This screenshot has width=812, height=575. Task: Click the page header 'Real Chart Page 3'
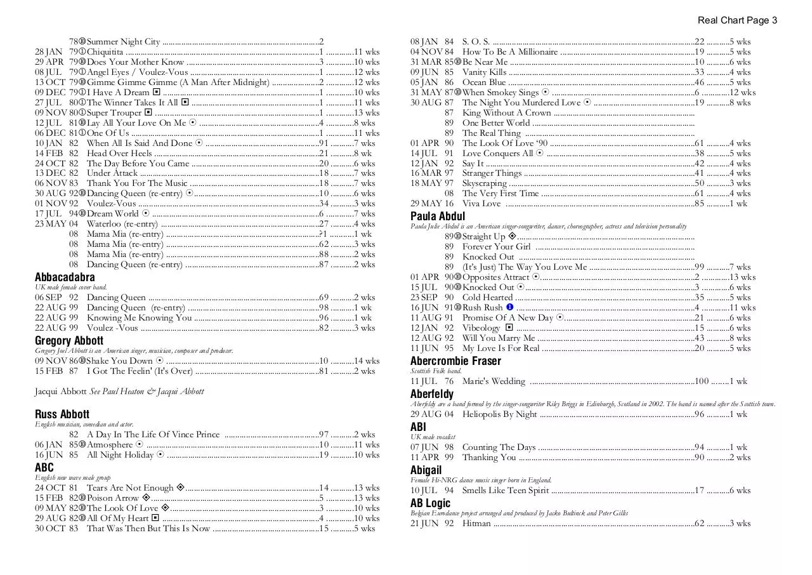point(737,20)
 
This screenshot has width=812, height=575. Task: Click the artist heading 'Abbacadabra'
point(65,277)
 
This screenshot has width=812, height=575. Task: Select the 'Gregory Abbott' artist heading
point(69,341)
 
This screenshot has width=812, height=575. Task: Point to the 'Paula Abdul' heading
point(438,216)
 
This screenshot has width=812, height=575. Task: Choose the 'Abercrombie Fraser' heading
point(455,361)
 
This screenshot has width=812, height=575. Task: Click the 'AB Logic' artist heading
point(430,503)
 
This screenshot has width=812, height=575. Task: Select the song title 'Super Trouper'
point(114,113)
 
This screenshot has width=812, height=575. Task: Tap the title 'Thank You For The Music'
point(137,183)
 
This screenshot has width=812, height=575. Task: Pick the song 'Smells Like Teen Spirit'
point(506,491)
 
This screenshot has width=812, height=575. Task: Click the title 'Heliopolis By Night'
point(499,414)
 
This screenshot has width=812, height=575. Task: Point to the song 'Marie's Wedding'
point(494,381)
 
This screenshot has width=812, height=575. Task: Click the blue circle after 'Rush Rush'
point(509,308)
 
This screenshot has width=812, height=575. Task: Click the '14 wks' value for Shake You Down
point(367,361)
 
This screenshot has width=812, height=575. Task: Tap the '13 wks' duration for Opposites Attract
point(742,277)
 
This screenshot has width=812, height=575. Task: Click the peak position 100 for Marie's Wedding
point(702,381)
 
